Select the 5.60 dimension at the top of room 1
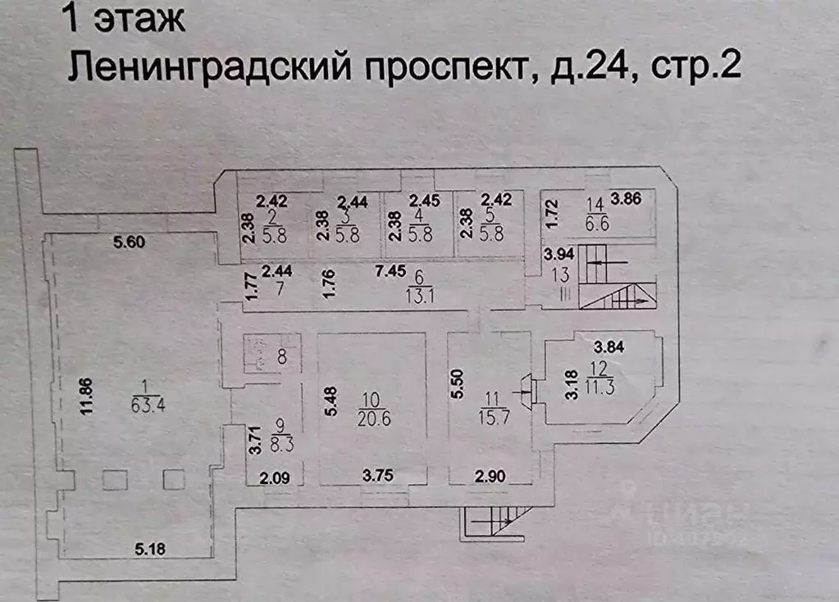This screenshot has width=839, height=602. pos(130,242)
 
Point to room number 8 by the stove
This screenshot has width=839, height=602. pos(282,357)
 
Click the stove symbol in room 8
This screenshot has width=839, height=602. pos(256,355)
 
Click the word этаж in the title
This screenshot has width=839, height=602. pos(139,19)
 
